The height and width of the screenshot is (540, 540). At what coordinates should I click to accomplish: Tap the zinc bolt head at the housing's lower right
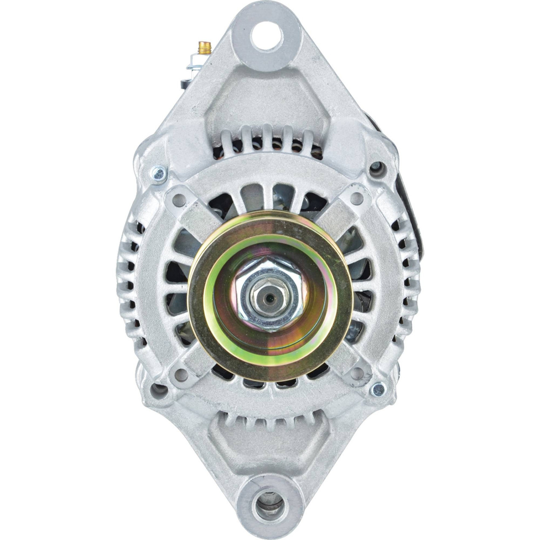378,389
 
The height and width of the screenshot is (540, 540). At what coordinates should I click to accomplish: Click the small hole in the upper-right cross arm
358,197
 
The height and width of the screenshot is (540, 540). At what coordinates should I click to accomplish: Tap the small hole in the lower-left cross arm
182,372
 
